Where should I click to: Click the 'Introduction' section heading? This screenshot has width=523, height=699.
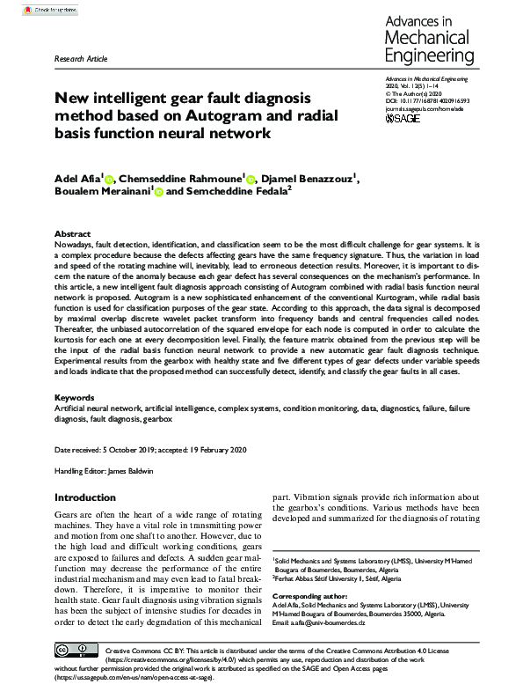[84, 497]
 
